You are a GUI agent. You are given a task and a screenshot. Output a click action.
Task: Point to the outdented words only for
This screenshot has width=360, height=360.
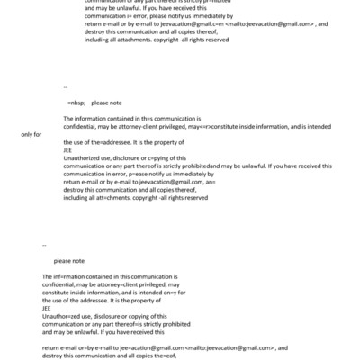click(31, 134)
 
